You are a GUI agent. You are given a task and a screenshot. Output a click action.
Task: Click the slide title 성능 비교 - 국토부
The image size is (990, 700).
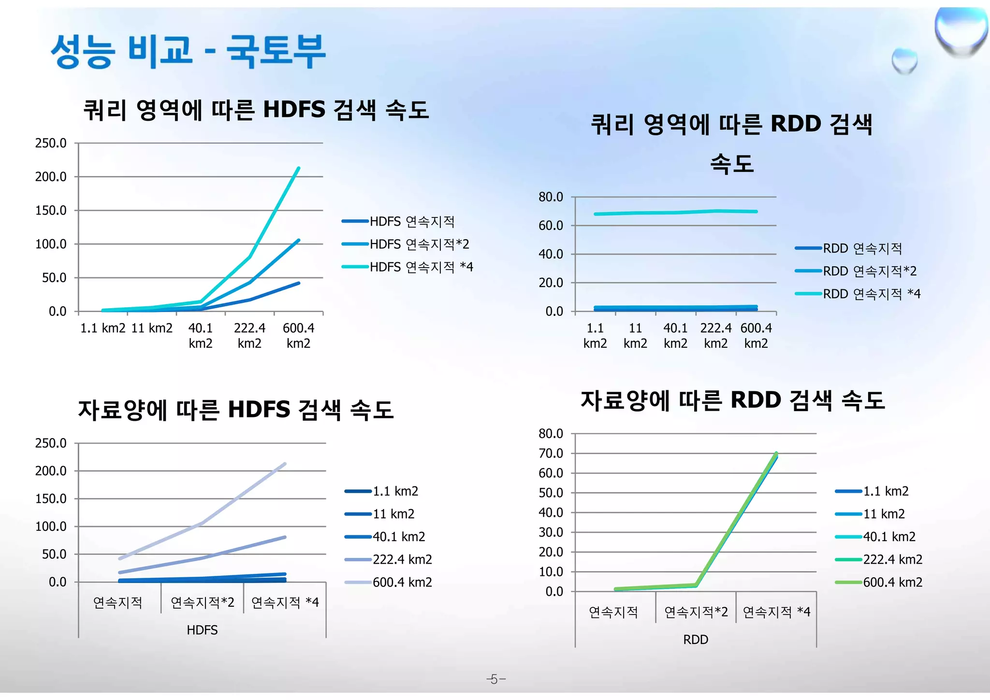189,51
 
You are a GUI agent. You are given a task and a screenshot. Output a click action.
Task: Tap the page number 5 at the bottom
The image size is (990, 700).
495,679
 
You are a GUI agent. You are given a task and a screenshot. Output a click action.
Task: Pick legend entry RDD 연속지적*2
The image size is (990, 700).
869,271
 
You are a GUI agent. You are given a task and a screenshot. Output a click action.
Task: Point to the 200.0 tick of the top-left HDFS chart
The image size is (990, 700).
51,177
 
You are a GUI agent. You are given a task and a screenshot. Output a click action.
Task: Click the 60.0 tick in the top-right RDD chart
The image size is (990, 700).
551,226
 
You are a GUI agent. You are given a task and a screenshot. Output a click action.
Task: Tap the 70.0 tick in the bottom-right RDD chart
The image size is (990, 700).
551,454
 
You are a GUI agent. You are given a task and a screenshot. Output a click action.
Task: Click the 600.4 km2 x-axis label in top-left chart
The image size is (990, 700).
298,336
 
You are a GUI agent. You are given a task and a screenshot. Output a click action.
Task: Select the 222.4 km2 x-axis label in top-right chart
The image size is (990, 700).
716,336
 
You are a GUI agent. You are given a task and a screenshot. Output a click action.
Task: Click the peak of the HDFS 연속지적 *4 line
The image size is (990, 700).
298,168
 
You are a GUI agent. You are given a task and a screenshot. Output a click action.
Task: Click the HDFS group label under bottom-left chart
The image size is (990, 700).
202,630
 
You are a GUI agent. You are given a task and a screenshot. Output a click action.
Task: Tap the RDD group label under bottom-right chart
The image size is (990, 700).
696,640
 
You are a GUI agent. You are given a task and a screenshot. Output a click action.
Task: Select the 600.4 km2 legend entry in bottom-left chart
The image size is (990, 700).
402,582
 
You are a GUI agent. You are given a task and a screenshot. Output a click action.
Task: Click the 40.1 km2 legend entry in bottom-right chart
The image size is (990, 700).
889,537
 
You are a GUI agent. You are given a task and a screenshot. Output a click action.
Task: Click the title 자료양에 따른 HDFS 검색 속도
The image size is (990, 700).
236,410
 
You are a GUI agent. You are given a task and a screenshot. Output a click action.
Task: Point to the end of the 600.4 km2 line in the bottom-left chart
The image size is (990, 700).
285,464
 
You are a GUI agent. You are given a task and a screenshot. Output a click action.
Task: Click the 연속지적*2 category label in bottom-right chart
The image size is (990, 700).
696,612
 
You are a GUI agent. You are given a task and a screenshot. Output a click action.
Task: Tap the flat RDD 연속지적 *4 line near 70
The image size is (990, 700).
677,213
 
